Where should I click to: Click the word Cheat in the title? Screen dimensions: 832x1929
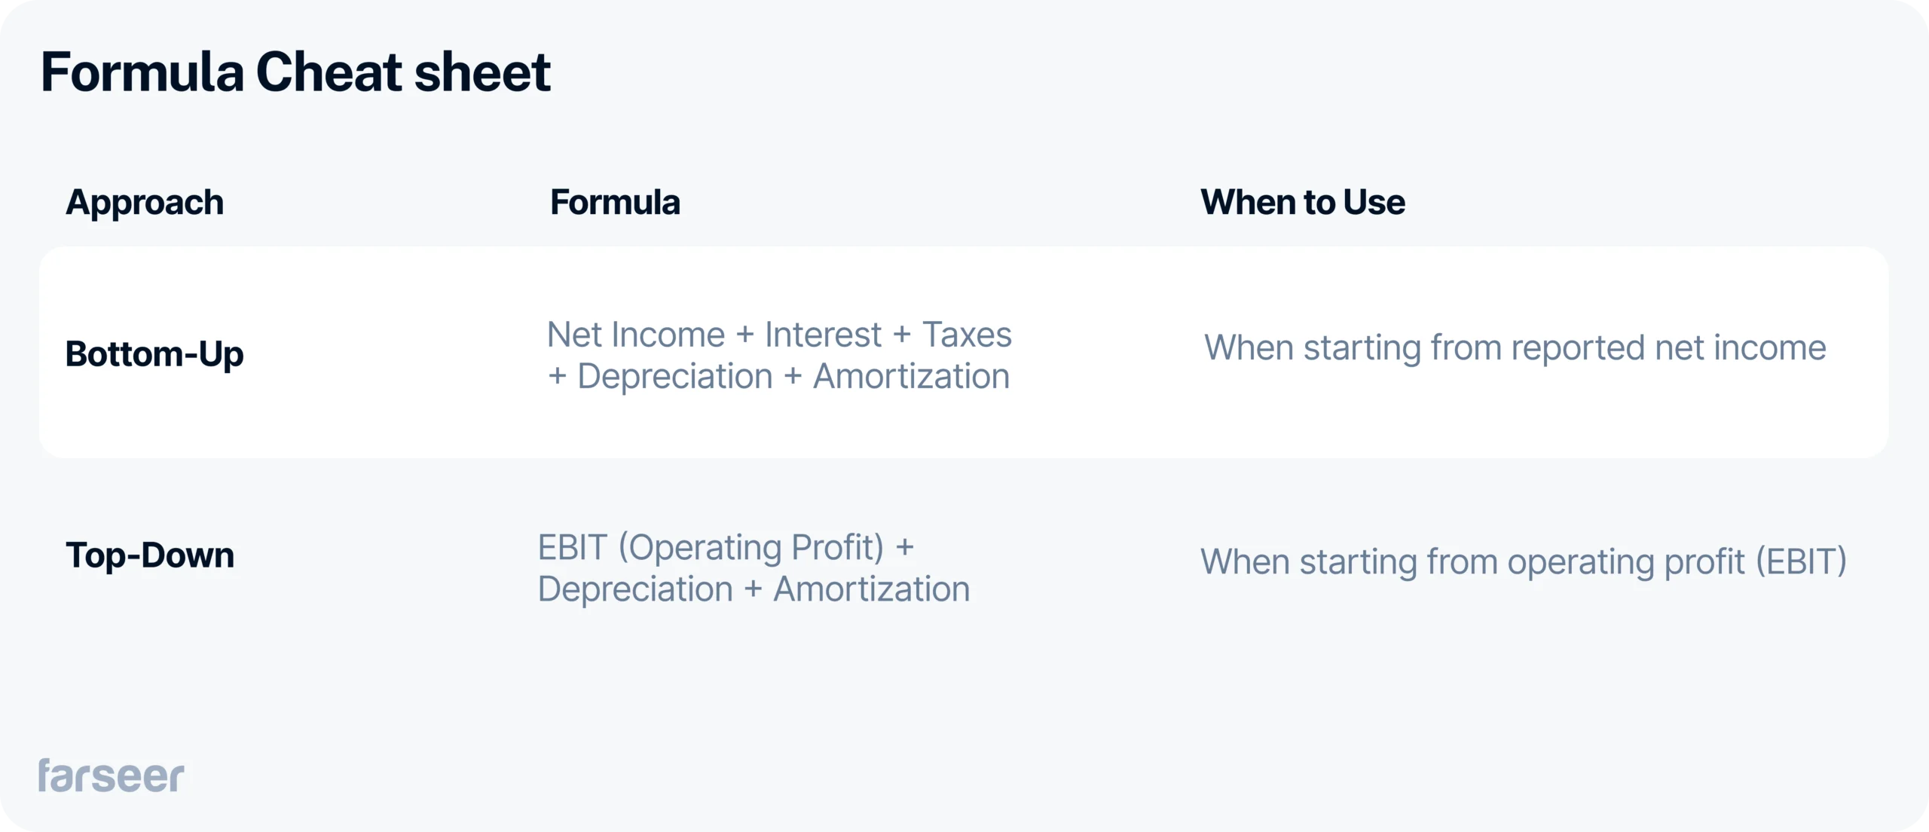329,73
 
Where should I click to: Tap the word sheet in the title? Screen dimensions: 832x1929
482,73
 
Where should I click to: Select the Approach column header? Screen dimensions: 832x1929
145,203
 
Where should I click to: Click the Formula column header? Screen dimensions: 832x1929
615,203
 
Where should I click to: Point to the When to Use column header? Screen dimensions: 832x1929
1303,203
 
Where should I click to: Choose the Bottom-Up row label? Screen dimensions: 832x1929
154,354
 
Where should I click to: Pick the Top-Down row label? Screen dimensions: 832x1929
150,555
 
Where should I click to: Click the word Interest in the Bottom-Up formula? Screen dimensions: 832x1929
823,335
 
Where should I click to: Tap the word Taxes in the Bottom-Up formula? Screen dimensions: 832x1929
967,335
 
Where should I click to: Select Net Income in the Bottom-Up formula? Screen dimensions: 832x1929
636,335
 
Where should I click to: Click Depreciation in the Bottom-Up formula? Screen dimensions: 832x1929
675,377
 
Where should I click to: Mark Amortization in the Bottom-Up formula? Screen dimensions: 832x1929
911,377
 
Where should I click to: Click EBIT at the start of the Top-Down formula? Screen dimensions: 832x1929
573,548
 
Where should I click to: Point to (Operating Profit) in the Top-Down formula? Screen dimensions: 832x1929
751,548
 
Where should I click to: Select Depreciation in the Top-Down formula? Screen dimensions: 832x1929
635,589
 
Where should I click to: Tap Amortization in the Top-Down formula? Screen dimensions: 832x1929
872,589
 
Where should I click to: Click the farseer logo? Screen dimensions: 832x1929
112,776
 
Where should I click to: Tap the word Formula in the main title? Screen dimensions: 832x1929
142,73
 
